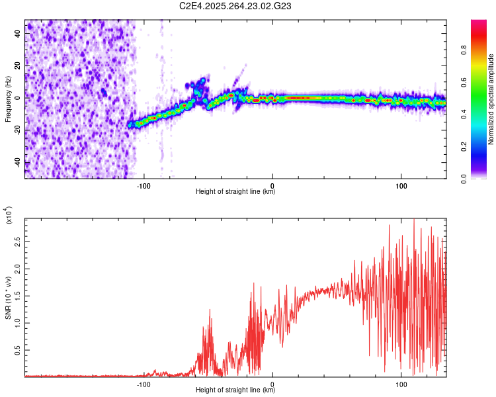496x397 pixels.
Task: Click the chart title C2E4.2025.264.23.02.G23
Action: [235, 6]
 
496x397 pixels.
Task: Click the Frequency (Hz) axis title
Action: [8, 99]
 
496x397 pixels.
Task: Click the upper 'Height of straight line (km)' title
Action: [235, 193]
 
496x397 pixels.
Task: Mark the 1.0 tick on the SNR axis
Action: [18, 323]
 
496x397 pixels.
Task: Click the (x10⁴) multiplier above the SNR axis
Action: [8, 216]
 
